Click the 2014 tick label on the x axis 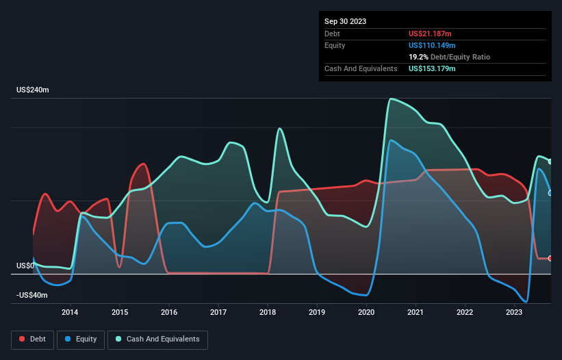pyautogui.click(x=70, y=313)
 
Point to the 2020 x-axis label pyautogui.click(x=366, y=313)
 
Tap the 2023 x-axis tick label pyautogui.click(x=514, y=313)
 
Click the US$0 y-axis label pyautogui.click(x=25, y=266)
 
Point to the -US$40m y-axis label pyautogui.click(x=32, y=295)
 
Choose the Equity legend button pyautogui.click(x=81, y=339)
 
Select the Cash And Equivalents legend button pyautogui.click(x=157, y=339)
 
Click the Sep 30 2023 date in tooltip pyautogui.click(x=345, y=21)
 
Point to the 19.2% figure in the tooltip pyautogui.click(x=418, y=57)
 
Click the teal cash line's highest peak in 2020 pyautogui.click(x=390, y=99)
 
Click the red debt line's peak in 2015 pyautogui.click(x=143, y=164)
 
